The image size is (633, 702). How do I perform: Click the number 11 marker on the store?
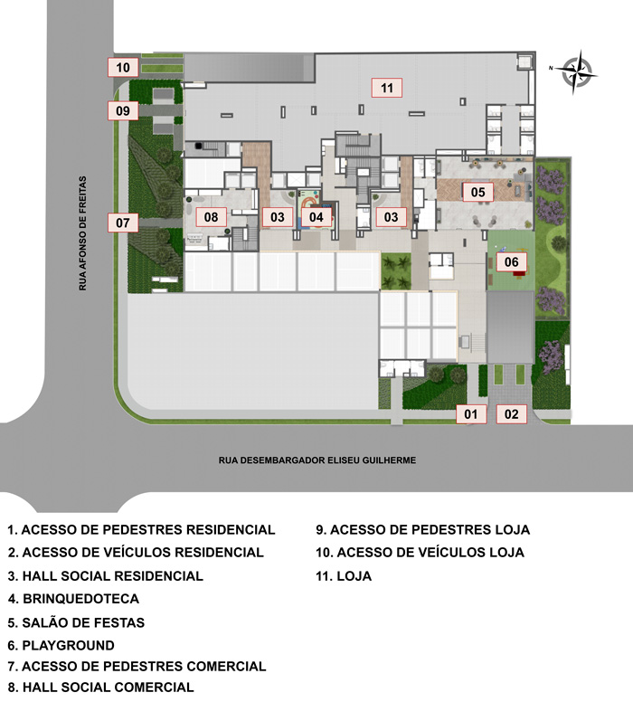pyautogui.click(x=386, y=88)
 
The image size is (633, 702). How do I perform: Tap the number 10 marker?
pyautogui.click(x=122, y=67)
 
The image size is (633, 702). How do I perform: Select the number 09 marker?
pyautogui.click(x=122, y=111)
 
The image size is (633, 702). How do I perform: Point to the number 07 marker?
pyautogui.click(x=122, y=222)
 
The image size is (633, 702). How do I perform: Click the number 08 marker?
pyautogui.click(x=211, y=217)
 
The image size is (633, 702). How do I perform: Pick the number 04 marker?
pyautogui.click(x=316, y=217)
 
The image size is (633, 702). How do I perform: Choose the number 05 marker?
pyautogui.click(x=477, y=192)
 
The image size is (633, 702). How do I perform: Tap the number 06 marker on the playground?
pyautogui.click(x=512, y=262)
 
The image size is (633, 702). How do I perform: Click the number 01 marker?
pyautogui.click(x=469, y=415)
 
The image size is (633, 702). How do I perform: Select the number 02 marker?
pyautogui.click(x=511, y=415)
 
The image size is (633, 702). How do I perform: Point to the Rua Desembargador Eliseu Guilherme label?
pyautogui.click(x=316, y=460)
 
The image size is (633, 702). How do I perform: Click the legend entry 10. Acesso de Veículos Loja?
pyautogui.click(x=420, y=552)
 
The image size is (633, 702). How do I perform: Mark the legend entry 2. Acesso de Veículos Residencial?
pyautogui.click(x=136, y=552)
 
